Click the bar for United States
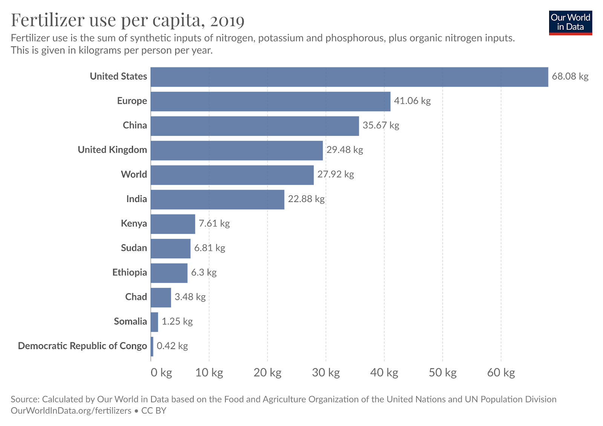(x=349, y=77)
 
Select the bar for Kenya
(x=173, y=224)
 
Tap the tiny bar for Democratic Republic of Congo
(x=152, y=346)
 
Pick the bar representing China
(x=254, y=126)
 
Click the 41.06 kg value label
(x=412, y=101)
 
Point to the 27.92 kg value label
(x=335, y=175)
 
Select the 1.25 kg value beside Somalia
(x=177, y=322)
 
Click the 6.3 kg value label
(x=204, y=273)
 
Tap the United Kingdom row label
(x=112, y=150)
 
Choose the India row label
(x=136, y=199)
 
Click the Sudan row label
(x=134, y=248)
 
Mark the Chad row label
(x=136, y=297)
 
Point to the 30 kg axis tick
(x=326, y=373)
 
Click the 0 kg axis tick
(x=161, y=373)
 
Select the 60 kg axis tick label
(x=501, y=373)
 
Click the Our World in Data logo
(x=570, y=23)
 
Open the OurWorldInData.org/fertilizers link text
(x=71, y=411)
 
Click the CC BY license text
(x=154, y=411)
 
